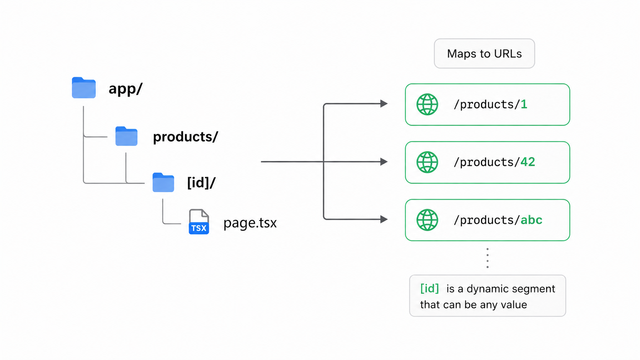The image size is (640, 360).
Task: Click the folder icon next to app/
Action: (84, 88)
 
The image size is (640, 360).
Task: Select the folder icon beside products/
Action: (126, 136)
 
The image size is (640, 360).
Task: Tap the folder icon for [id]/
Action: (163, 182)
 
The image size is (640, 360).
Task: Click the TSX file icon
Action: (199, 222)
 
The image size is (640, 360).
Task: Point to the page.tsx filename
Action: (250, 223)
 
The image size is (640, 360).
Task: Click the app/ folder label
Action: (126, 89)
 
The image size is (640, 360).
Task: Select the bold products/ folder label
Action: (185, 137)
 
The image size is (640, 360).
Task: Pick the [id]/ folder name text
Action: (201, 183)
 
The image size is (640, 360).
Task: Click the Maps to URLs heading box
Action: (484, 54)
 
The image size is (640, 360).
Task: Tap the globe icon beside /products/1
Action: (427, 104)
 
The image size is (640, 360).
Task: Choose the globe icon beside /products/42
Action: (427, 162)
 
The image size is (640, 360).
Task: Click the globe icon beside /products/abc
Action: (427, 220)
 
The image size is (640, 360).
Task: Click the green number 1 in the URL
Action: (524, 104)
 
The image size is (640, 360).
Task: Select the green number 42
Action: (528, 162)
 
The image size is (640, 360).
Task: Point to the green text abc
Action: (531, 220)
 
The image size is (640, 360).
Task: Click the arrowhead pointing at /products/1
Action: (384, 104)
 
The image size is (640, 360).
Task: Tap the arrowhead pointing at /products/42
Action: (384, 161)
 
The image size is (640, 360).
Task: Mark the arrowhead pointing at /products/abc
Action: (384, 219)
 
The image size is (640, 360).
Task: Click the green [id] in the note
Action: (429, 288)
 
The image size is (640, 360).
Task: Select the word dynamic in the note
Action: (489, 289)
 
